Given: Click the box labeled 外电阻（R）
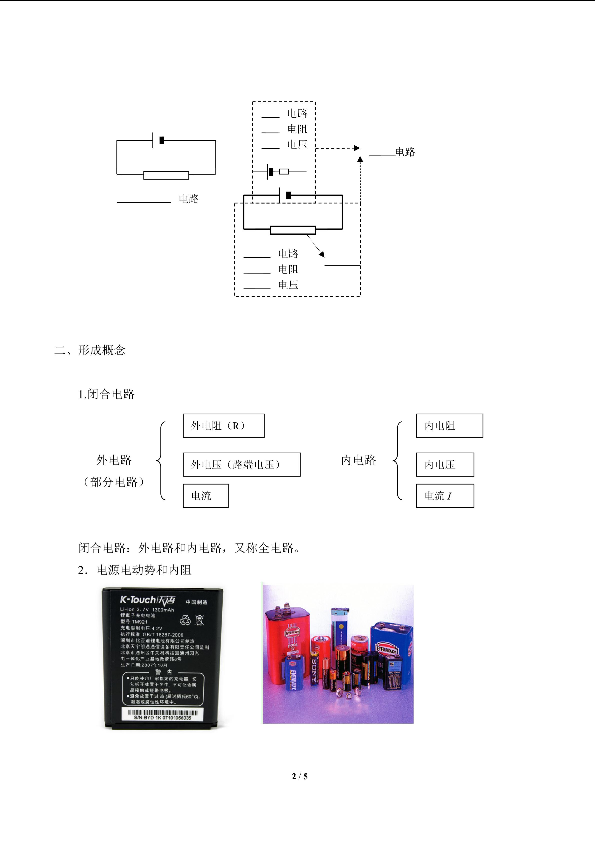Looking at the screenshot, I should pyautogui.click(x=223, y=426).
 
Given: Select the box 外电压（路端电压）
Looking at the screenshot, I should pyautogui.click(x=241, y=464).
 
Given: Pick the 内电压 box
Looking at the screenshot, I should pyautogui.click(x=445, y=464).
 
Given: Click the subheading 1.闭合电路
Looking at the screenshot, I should pyautogui.click(x=106, y=394).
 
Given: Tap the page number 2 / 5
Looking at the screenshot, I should pyautogui.click(x=299, y=776).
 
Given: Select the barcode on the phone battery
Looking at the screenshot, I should pyautogui.click(x=162, y=712).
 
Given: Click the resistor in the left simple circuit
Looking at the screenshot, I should pyautogui.click(x=166, y=175).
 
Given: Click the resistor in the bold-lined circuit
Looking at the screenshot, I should pyautogui.click(x=293, y=230).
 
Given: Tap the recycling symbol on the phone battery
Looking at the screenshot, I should pyautogui.click(x=185, y=620).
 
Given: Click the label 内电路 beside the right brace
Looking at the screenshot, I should pyautogui.click(x=358, y=460).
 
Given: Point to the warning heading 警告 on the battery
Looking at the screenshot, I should pyautogui.click(x=163, y=672).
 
